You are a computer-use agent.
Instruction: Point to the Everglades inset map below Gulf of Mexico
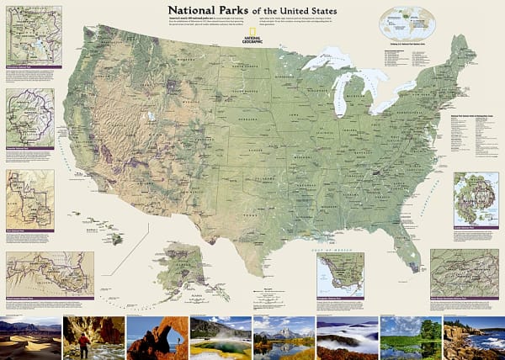point(340,276)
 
